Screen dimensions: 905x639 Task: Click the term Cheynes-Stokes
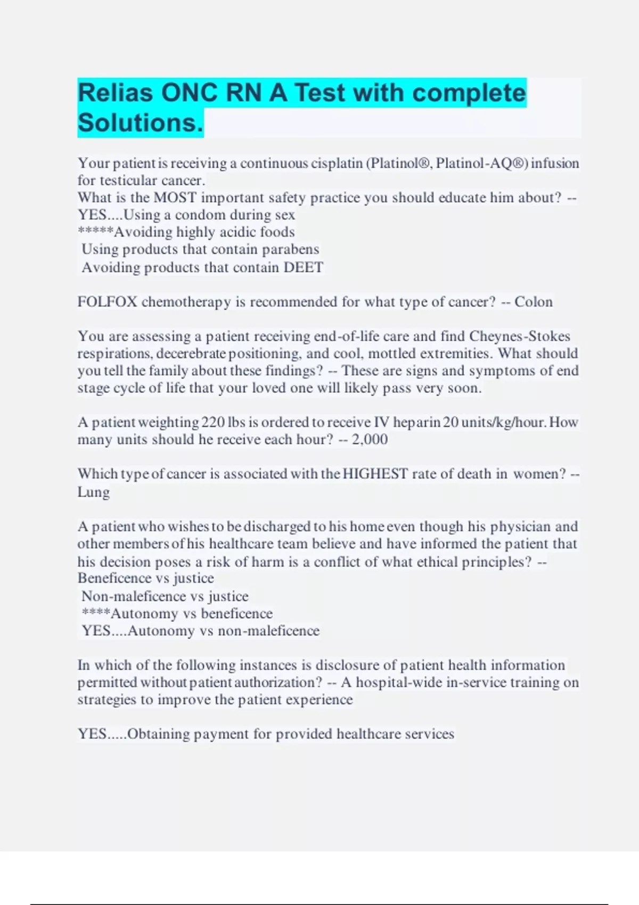pyautogui.click(x=519, y=336)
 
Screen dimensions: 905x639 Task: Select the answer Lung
pyautogui.click(x=93, y=492)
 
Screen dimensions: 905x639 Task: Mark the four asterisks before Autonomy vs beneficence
pyautogui.click(x=96, y=613)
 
